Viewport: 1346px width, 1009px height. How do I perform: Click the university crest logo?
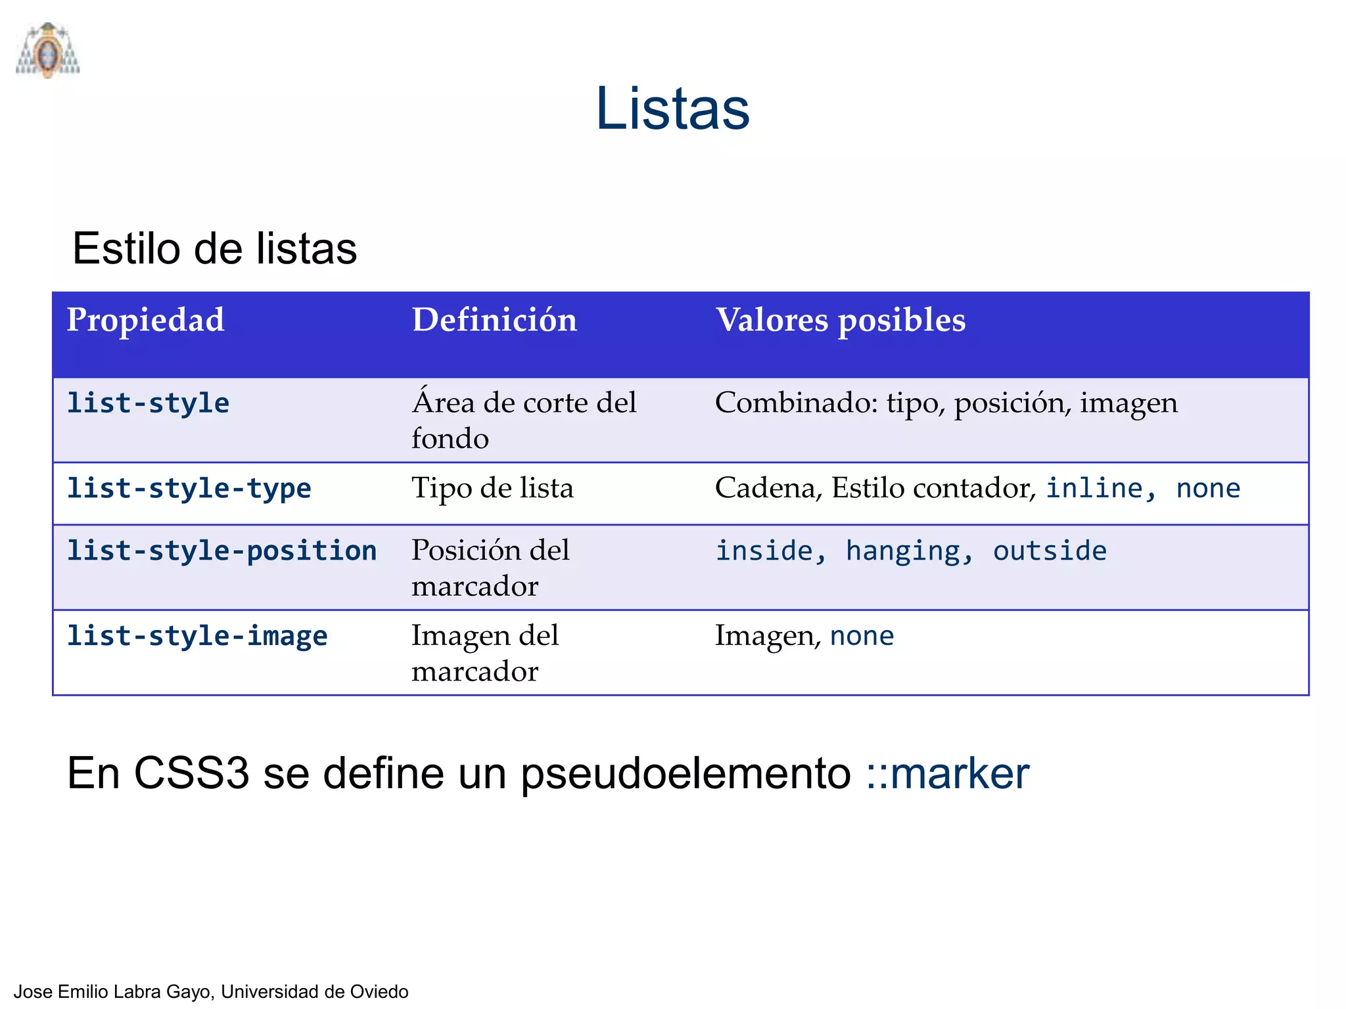click(48, 51)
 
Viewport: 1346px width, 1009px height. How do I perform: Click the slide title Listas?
click(672, 109)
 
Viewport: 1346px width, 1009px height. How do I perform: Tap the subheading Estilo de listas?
click(214, 249)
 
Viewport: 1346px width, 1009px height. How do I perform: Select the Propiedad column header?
click(145, 320)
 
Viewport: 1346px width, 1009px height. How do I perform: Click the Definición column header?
click(494, 320)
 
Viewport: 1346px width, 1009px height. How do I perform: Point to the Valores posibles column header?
click(840, 320)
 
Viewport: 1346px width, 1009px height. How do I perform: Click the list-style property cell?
click(149, 403)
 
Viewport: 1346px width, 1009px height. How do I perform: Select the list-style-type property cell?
click(189, 489)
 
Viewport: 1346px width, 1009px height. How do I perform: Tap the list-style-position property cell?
click(222, 551)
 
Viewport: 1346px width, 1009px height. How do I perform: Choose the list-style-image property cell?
click(197, 637)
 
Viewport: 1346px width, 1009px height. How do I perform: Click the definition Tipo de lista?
click(492, 489)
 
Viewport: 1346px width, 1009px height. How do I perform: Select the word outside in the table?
click(1050, 551)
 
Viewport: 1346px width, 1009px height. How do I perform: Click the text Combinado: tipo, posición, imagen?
click(946, 403)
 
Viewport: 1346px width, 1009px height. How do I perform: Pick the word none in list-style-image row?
click(862, 637)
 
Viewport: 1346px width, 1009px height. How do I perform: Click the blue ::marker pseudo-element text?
click(947, 773)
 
